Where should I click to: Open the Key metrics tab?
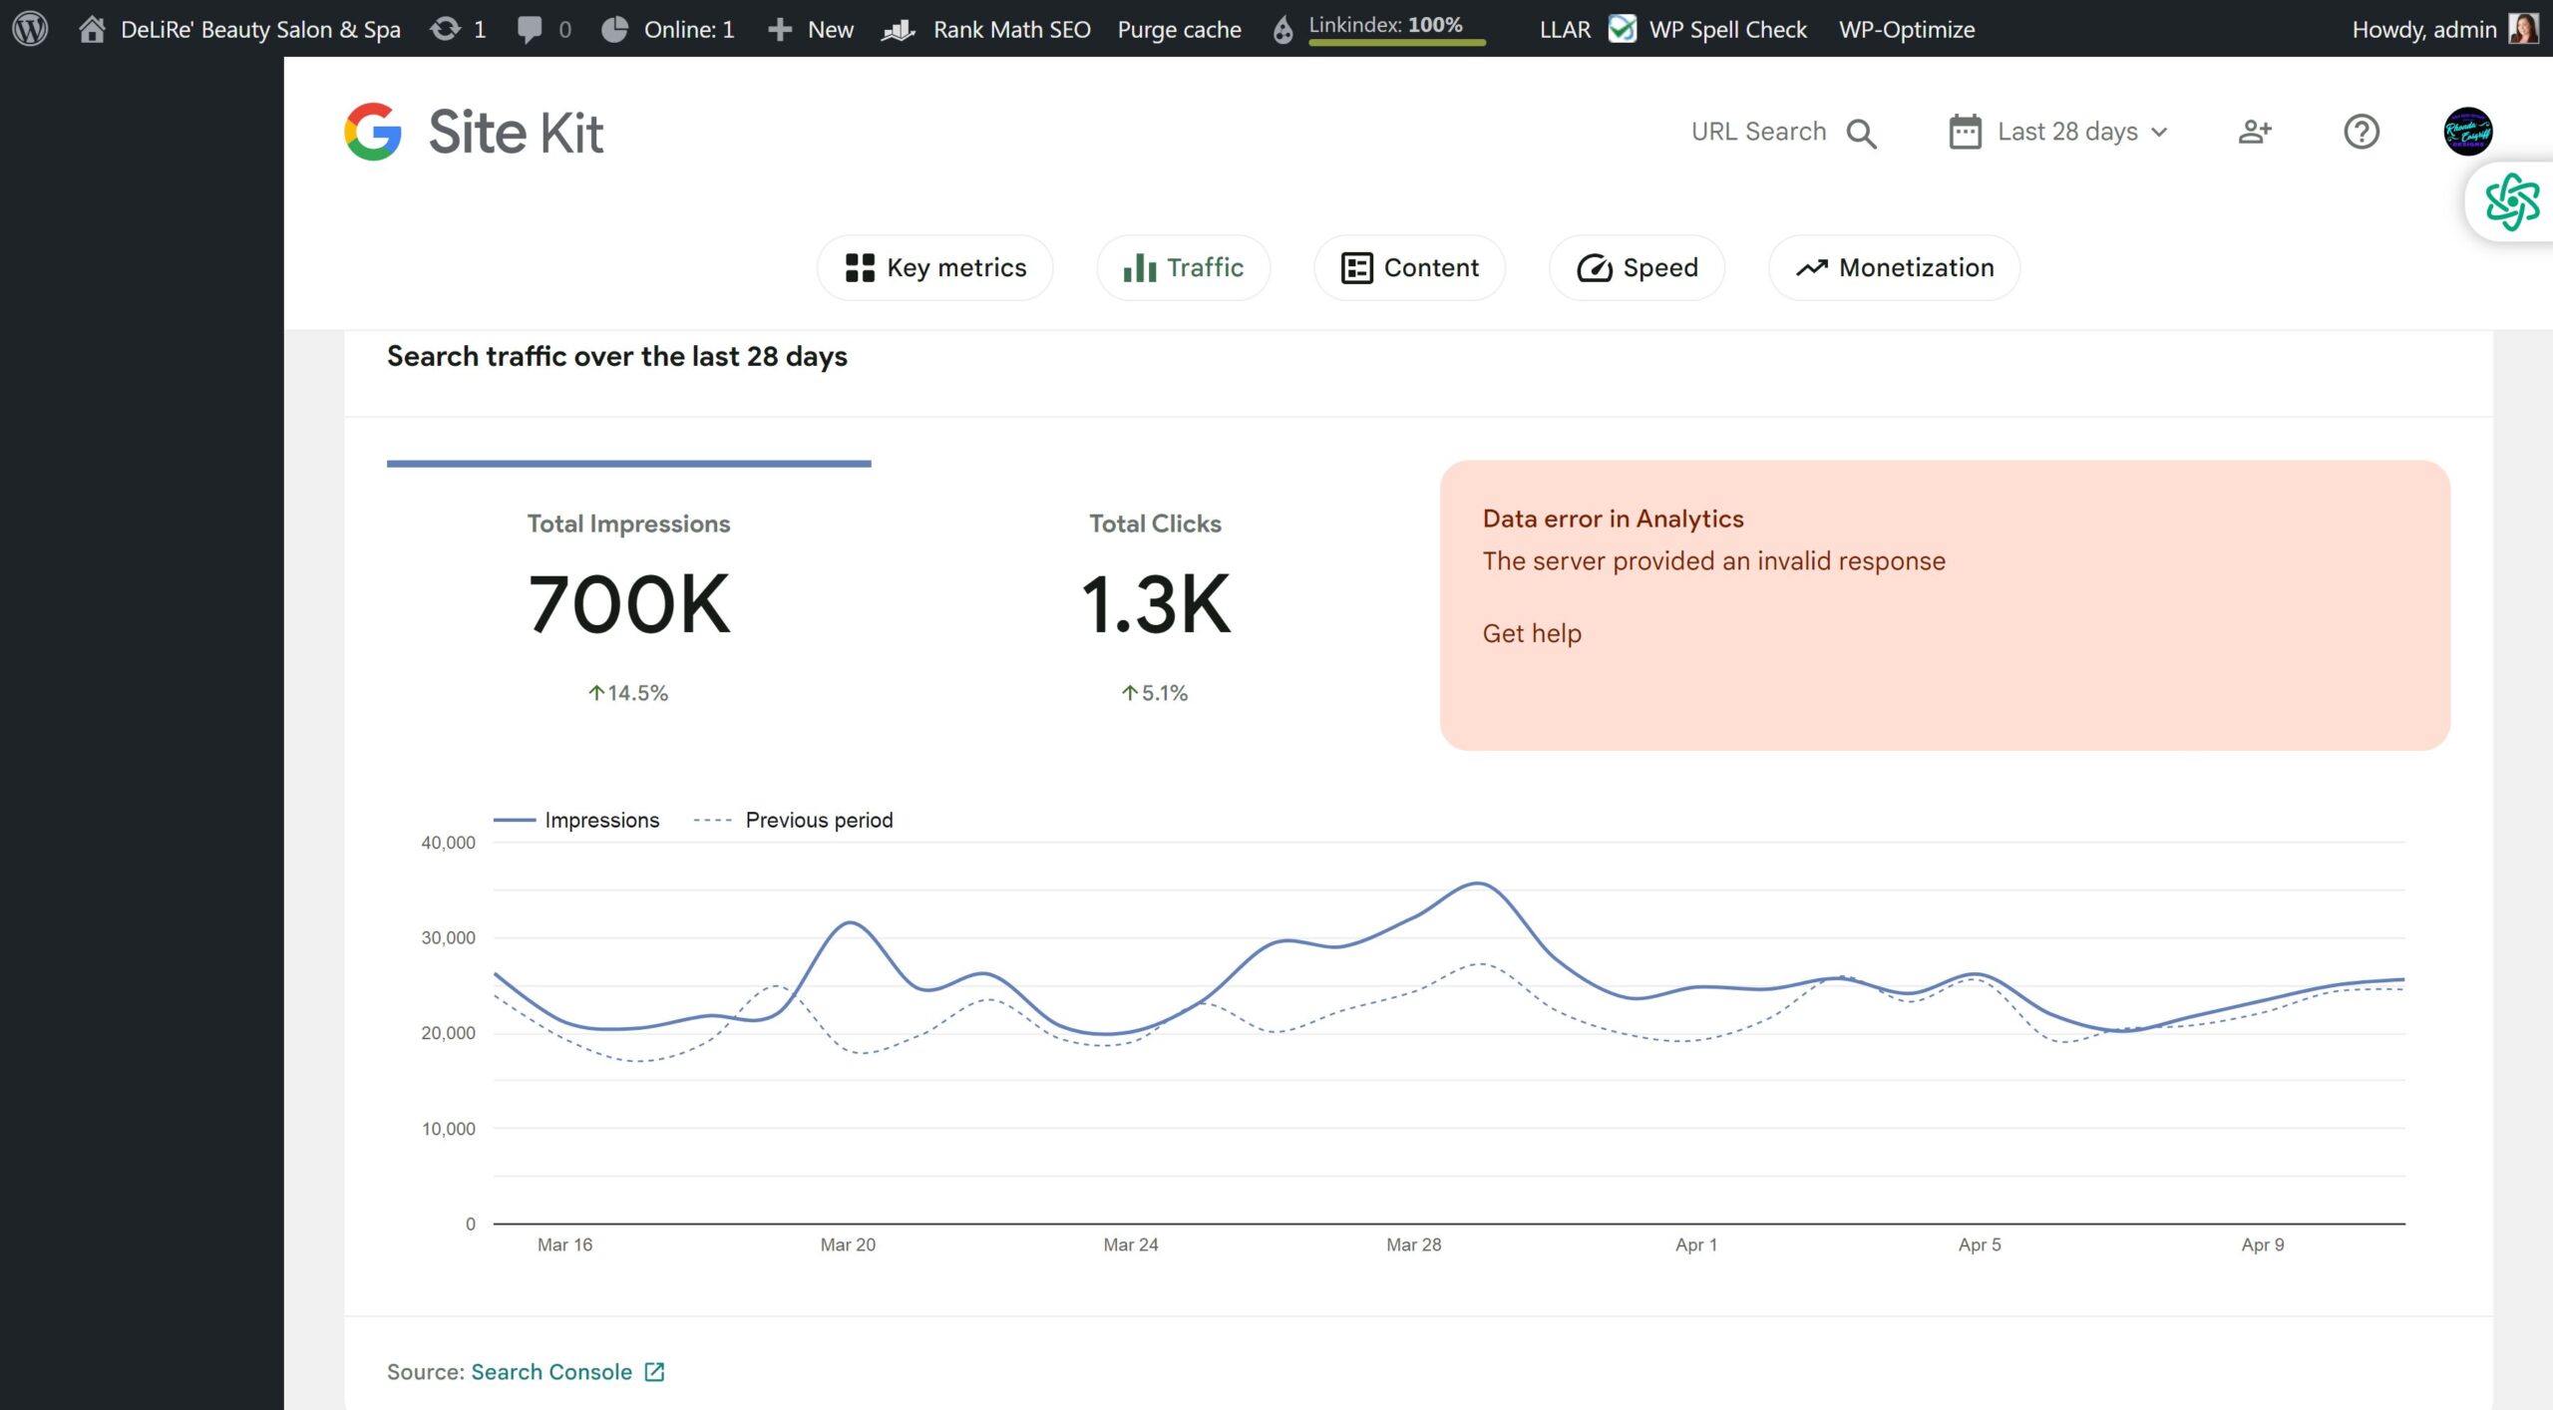point(935,267)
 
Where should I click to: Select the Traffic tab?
point(1183,267)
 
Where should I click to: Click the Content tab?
point(1409,267)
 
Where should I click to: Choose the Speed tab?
point(1637,267)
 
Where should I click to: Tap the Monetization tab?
point(1895,267)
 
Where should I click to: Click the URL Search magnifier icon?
point(1862,134)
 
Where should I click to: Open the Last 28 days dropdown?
point(2058,132)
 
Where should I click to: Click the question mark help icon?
point(2362,132)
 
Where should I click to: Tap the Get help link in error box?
point(1532,633)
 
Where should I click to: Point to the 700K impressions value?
point(629,604)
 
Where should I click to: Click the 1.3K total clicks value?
point(1156,604)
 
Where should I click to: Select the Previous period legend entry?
point(794,820)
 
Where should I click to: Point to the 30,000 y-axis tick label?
point(449,937)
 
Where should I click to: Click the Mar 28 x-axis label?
point(1414,1244)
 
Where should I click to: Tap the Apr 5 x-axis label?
point(1980,1244)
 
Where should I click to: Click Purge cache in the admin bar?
point(1180,30)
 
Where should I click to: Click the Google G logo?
point(373,132)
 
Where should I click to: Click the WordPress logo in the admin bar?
point(30,28)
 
